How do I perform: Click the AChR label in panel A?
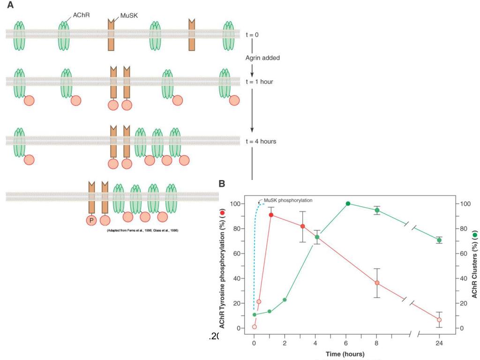tap(81, 15)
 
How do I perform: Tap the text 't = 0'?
tap(252, 35)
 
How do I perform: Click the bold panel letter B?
tap(222, 184)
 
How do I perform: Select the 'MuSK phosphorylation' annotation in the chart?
tap(288, 200)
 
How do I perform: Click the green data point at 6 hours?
tap(348, 203)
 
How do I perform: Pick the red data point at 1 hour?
tap(271, 215)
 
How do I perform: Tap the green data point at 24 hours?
tap(439, 240)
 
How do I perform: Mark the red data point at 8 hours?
tap(377, 283)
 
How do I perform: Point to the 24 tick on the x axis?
tap(439, 343)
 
